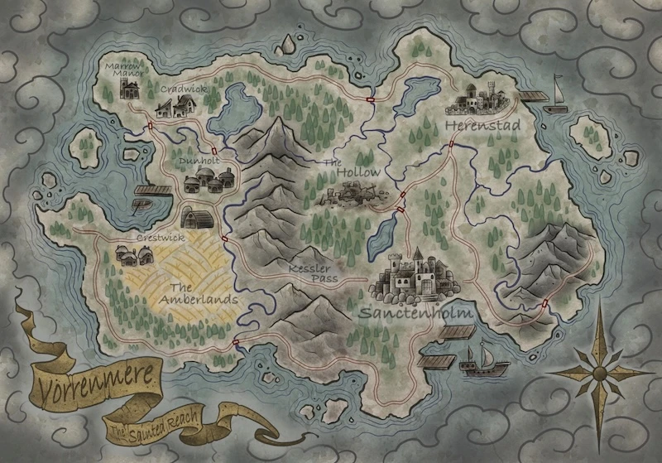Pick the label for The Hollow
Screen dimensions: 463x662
352,168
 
